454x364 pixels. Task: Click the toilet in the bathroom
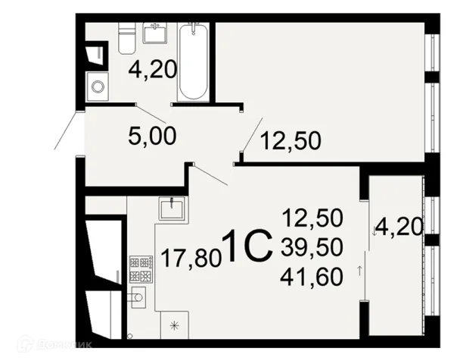(x=127, y=38)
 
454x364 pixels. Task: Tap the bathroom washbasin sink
(x=155, y=33)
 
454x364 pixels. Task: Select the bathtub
(x=193, y=62)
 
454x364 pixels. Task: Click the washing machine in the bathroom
(x=98, y=86)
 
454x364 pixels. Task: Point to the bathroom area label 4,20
(x=152, y=71)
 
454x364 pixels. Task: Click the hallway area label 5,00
(x=152, y=136)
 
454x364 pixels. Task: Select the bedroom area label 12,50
(x=291, y=141)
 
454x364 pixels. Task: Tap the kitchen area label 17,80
(x=191, y=258)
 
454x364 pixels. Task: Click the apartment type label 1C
(x=247, y=246)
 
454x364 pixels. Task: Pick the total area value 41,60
(x=312, y=277)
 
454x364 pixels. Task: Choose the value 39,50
(x=312, y=247)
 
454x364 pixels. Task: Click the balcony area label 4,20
(x=400, y=227)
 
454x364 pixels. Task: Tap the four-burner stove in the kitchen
(x=141, y=268)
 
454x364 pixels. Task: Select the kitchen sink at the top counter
(x=172, y=208)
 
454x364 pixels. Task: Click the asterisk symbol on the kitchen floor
(x=174, y=325)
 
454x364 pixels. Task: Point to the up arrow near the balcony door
(x=360, y=271)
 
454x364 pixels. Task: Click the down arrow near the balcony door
(x=374, y=231)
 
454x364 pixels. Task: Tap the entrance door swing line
(x=66, y=130)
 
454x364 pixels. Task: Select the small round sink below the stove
(x=138, y=297)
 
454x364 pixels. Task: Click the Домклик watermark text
(x=64, y=345)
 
